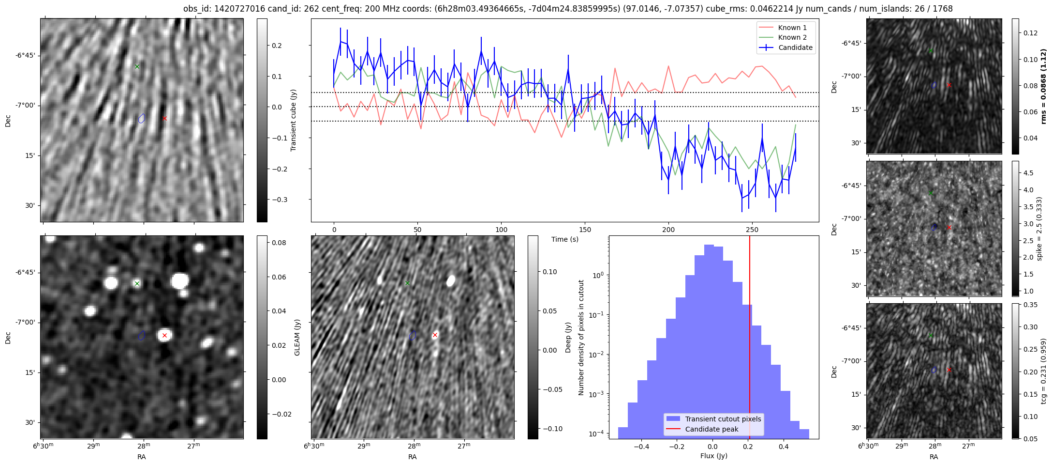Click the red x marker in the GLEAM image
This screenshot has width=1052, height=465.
point(164,335)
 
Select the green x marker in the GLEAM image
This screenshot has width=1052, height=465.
point(137,283)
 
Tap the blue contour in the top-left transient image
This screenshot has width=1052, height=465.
point(142,118)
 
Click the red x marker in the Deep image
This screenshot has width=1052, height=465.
point(435,335)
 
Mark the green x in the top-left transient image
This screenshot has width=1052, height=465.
point(137,66)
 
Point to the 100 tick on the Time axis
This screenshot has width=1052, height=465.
point(502,230)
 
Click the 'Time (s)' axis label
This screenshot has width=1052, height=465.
point(565,239)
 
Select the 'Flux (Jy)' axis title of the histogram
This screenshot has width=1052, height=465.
point(714,456)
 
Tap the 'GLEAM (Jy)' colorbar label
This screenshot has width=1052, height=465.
point(297,337)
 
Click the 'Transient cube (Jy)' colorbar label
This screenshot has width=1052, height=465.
point(294,120)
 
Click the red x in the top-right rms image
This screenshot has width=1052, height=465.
point(949,85)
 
